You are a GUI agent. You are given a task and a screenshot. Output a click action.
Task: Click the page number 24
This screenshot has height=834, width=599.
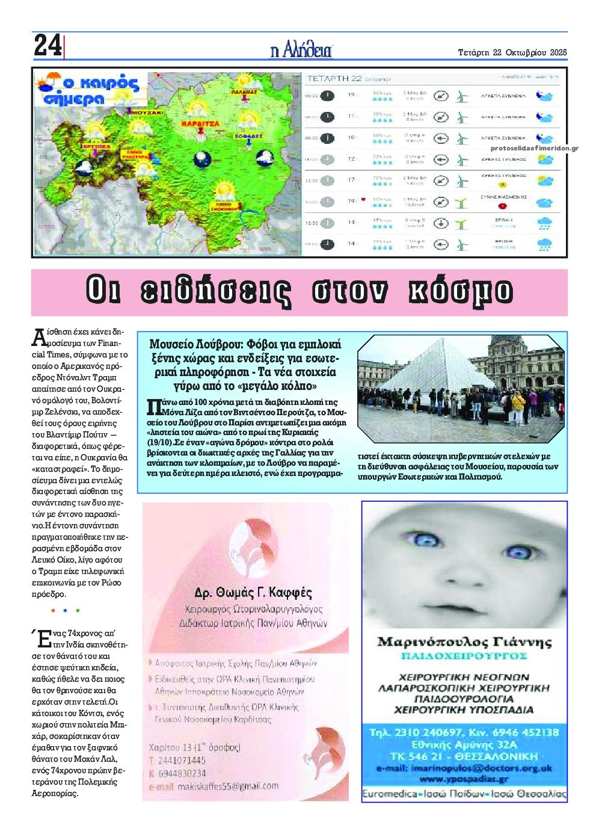47,46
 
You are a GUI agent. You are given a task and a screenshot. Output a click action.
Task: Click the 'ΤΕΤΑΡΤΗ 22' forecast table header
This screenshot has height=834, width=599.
334,78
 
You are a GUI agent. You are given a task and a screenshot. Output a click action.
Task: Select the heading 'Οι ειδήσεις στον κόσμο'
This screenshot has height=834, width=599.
299,291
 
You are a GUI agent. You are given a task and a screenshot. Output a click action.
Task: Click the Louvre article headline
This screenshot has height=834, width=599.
245,365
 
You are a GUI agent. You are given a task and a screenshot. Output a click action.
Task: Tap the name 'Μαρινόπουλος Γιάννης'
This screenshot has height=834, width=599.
464,641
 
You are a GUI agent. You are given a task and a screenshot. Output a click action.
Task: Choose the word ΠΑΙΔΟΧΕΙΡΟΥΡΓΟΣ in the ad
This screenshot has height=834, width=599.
464,655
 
